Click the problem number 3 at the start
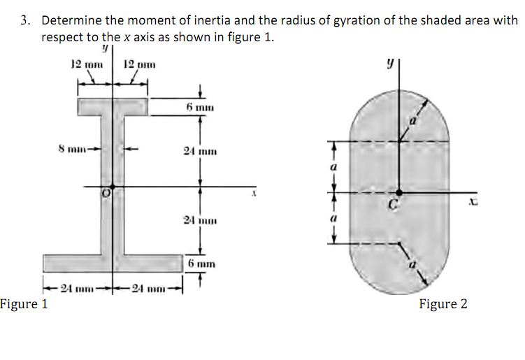coord(24,21)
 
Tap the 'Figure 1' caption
coord(24,304)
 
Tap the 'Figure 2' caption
coord(443,304)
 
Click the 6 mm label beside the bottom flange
coord(201,264)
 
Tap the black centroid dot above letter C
coord(398,192)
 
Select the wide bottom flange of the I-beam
coord(112,263)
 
